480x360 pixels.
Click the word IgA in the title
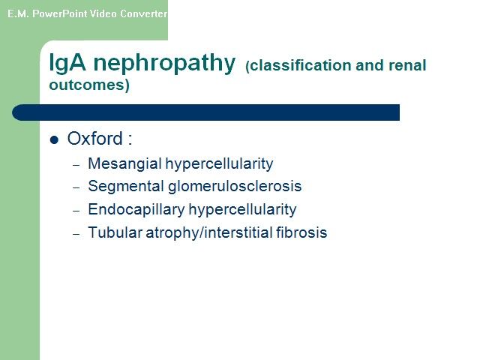tap(67, 63)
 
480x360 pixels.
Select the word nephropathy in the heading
tap(164, 64)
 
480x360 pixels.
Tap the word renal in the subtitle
tap(407, 65)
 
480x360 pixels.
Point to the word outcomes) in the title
tap(89, 85)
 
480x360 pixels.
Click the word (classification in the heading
tap(298, 65)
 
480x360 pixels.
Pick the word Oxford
tap(95, 138)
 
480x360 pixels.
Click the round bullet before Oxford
tap(54, 140)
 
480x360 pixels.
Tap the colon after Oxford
tap(130, 139)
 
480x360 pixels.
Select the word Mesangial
tap(124, 163)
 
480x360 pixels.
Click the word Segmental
tap(126, 186)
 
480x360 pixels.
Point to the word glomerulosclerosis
tap(235, 186)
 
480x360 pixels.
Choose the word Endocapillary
tap(136, 210)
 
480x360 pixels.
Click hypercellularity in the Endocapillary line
tap(242, 210)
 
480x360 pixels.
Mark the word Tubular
tap(115, 232)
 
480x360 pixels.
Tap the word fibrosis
tap(301, 232)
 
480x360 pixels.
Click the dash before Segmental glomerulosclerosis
tap(76, 187)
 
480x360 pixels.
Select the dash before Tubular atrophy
tap(76, 234)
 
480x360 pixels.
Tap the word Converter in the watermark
tap(143, 13)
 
